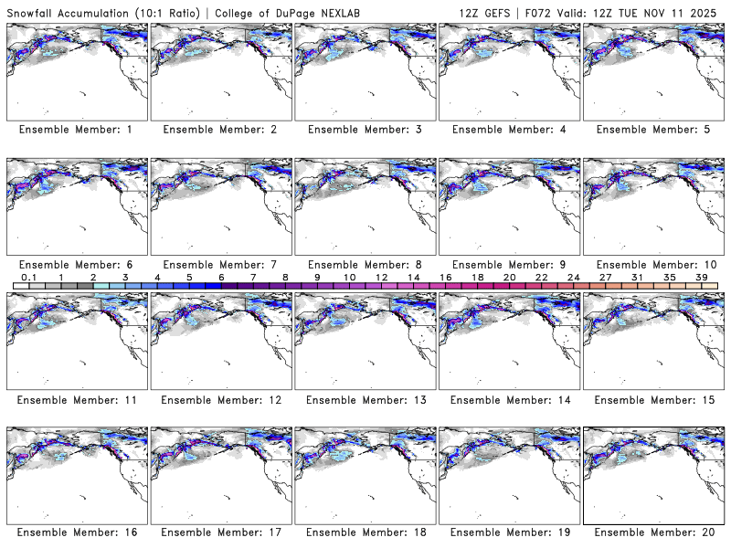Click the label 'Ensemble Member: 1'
76,130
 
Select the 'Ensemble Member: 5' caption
652,130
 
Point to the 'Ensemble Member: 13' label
364,399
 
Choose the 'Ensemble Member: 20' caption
652,532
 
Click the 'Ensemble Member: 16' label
76,532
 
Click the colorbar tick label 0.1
29,277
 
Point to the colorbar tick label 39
701,277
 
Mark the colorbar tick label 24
573,277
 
